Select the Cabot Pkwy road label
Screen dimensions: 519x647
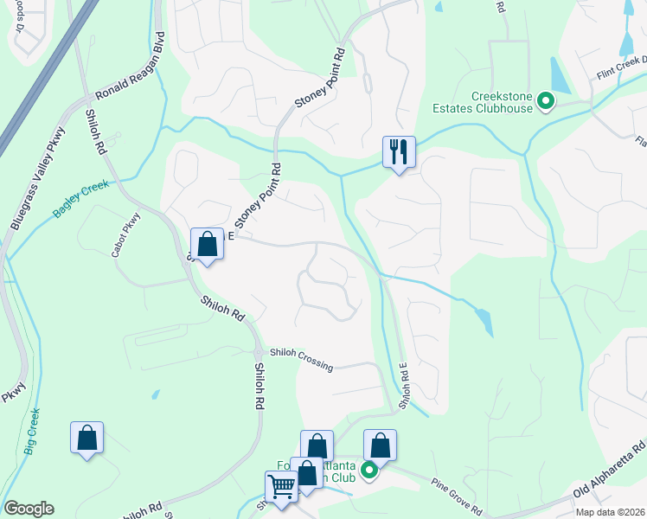point(125,236)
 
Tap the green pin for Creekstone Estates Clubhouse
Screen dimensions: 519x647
point(546,102)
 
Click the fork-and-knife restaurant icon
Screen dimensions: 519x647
point(399,152)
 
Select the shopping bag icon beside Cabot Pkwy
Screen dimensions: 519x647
point(207,244)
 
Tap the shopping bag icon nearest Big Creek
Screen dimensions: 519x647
point(87,438)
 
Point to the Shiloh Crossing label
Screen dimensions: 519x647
point(300,359)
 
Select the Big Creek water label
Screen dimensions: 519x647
point(32,432)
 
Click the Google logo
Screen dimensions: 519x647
point(29,509)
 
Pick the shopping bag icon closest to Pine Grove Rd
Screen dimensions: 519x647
point(380,445)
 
